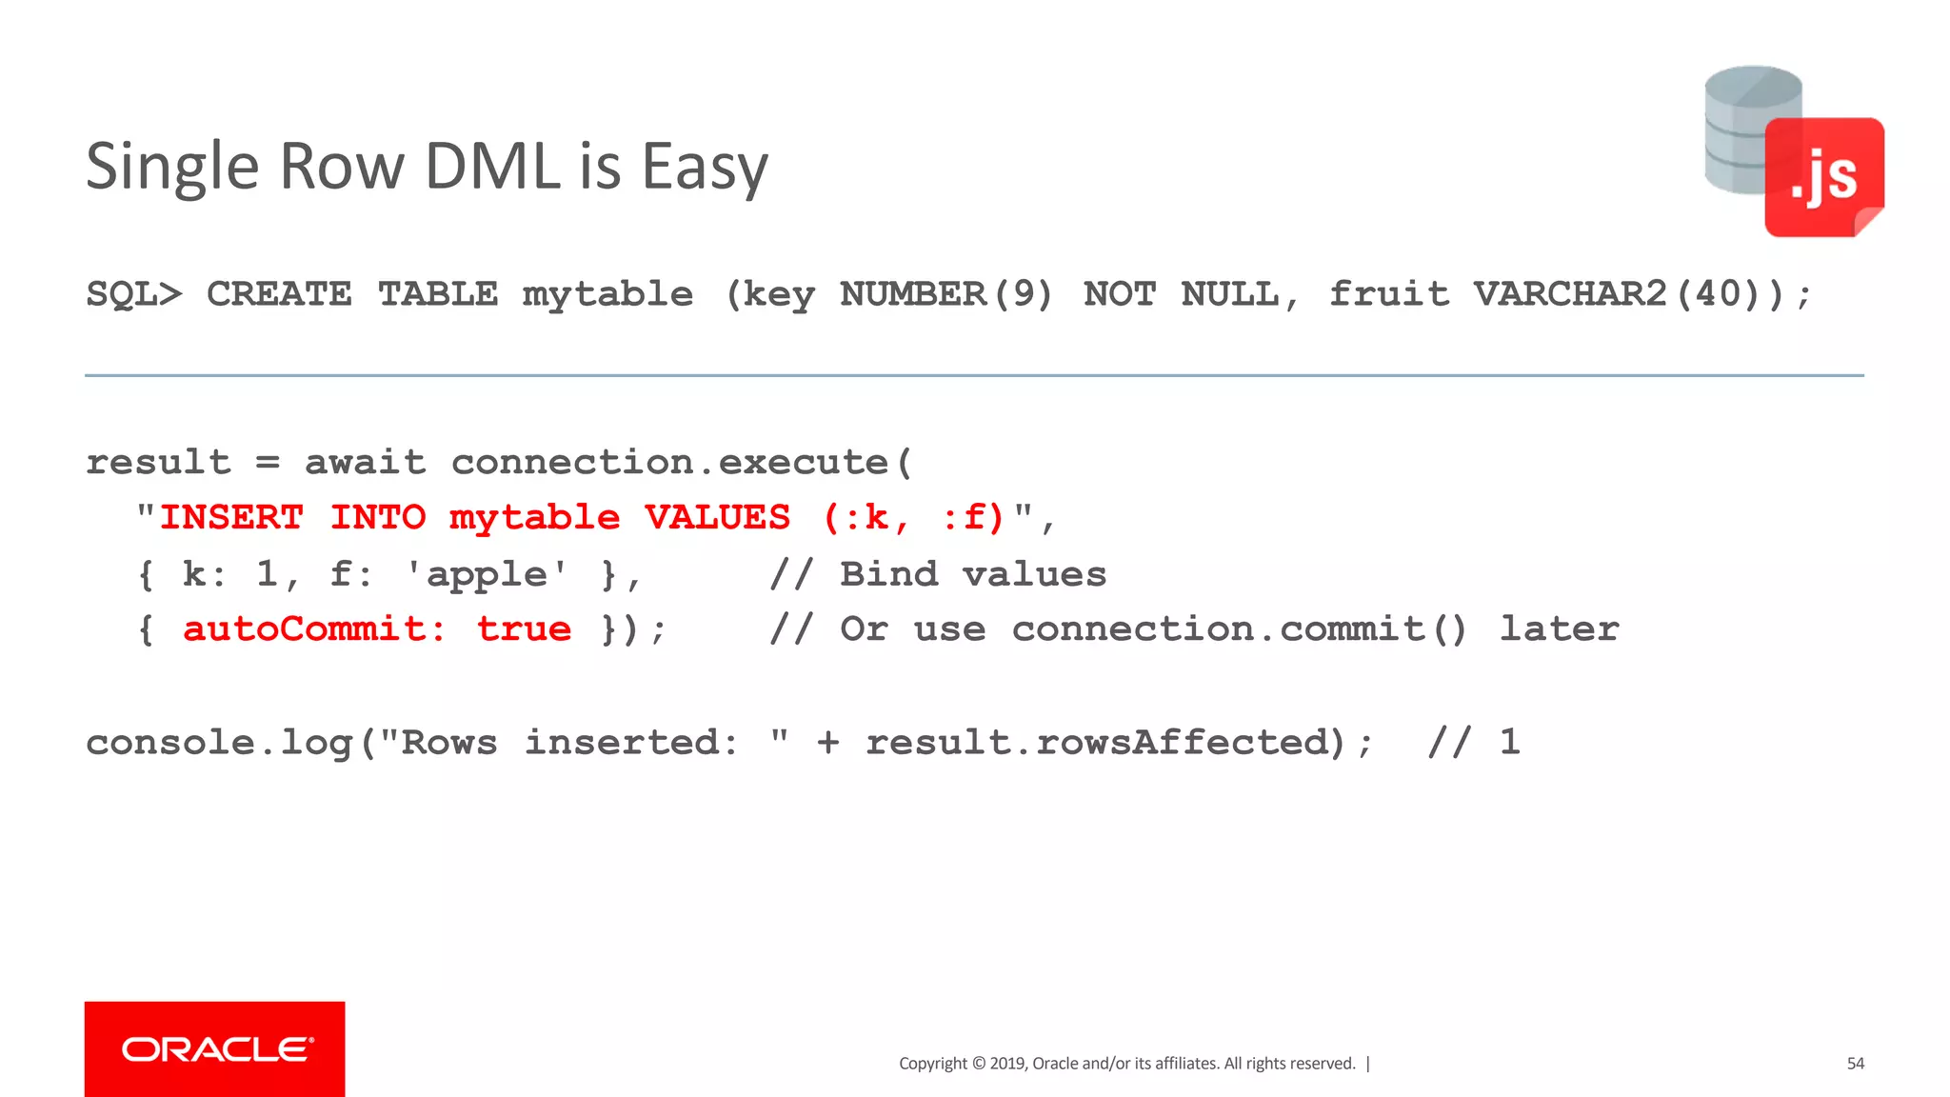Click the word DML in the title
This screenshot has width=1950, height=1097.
point(494,167)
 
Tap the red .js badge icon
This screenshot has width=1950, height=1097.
point(1823,177)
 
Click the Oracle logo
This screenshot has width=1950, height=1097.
point(215,1048)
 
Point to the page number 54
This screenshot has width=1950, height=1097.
point(1855,1064)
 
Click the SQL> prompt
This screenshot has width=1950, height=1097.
point(133,294)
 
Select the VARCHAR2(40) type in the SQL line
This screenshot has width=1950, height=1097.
point(1629,294)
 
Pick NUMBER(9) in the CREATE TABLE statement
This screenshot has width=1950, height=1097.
point(945,294)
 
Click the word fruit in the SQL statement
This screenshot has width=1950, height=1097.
point(1388,294)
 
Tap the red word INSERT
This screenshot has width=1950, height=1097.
point(231,518)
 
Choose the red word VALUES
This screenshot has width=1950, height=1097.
point(717,518)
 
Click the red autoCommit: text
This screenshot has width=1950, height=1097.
point(314,629)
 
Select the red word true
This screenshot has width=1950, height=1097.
point(524,629)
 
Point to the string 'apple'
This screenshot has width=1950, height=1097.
point(487,575)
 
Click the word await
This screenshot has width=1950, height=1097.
point(365,463)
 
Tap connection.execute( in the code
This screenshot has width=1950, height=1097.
point(682,463)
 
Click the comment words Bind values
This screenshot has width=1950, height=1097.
point(973,575)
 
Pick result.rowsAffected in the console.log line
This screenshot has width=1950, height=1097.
point(1104,743)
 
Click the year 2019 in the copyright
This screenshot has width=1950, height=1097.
point(1007,1064)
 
